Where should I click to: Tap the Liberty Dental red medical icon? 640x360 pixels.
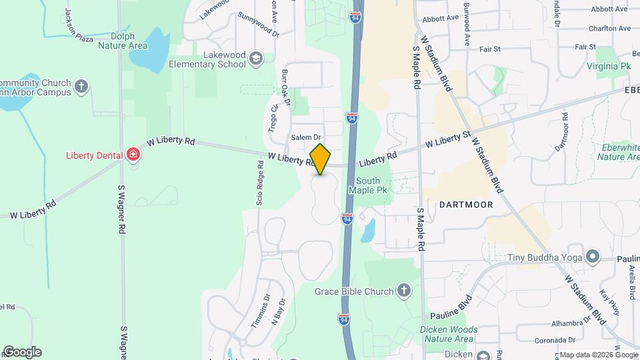tap(133, 155)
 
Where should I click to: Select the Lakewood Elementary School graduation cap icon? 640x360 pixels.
tap(255, 60)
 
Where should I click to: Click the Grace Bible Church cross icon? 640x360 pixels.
tap(403, 290)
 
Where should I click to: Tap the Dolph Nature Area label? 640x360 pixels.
tap(123, 41)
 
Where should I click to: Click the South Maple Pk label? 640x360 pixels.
tap(368, 185)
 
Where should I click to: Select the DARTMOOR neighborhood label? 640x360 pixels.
tap(467, 205)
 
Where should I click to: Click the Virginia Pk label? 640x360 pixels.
tap(609, 67)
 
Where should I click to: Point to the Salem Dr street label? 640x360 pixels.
tap(306, 137)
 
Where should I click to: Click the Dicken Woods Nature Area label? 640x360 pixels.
tap(449, 334)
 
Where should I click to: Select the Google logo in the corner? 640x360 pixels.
tap(22, 352)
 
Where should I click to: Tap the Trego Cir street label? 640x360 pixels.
tap(274, 117)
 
